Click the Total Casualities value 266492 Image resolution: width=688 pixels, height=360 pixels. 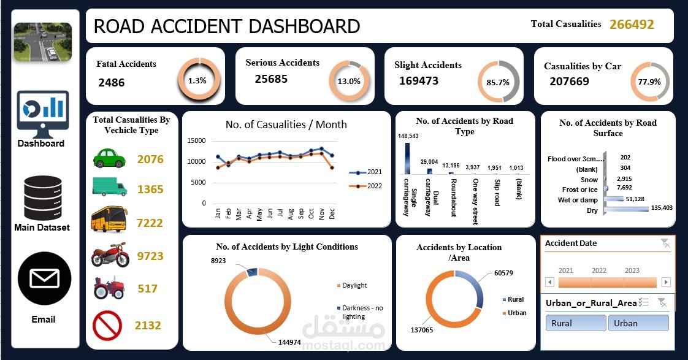(x=632, y=25)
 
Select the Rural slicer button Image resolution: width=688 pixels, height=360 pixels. (x=576, y=323)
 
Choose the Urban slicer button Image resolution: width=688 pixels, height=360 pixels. (x=638, y=323)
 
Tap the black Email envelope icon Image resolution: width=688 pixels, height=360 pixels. (x=44, y=278)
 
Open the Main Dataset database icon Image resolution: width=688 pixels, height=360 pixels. (x=42, y=198)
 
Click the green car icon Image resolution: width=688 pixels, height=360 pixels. (x=109, y=158)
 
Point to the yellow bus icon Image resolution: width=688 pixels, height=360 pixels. (x=109, y=219)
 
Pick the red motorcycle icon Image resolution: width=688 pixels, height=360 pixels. (x=110, y=255)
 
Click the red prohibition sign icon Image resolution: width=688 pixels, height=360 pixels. (x=107, y=325)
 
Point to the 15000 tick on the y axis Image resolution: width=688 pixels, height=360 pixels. (x=196, y=140)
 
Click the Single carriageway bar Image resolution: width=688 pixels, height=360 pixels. (x=407, y=158)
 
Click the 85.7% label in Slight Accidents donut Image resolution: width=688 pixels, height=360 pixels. (x=498, y=83)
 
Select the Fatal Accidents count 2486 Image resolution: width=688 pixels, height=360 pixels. (x=112, y=83)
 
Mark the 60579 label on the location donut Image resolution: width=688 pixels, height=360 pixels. (x=503, y=273)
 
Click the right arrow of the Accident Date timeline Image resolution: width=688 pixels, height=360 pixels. (x=666, y=282)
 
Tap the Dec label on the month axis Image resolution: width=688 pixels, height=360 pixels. (x=332, y=214)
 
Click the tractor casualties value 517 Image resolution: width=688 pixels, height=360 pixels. (x=147, y=289)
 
